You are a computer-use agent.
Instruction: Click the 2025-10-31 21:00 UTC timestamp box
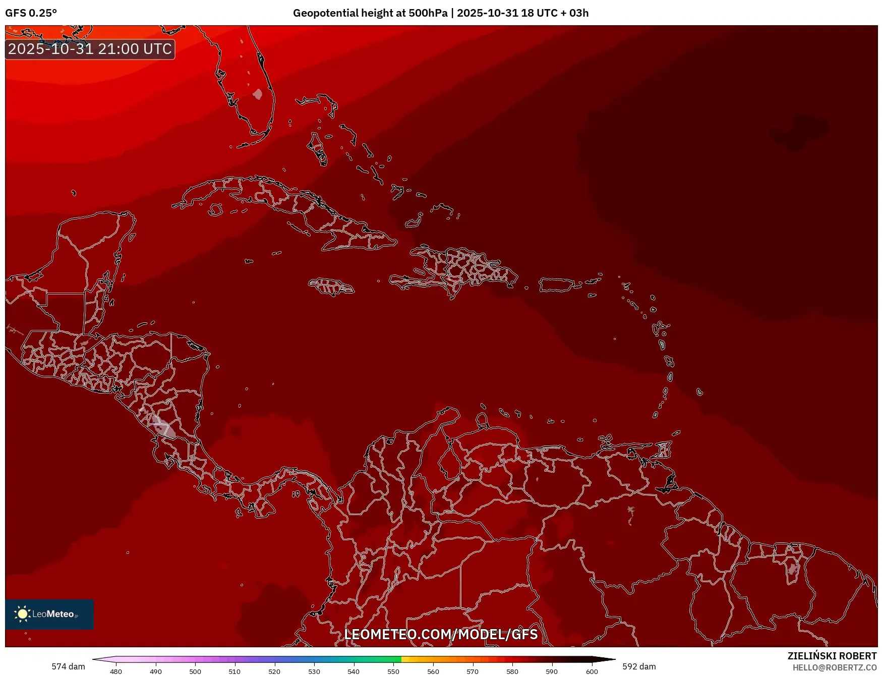(90, 49)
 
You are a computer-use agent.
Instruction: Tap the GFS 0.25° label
(31, 13)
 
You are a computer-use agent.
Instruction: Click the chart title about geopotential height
(440, 13)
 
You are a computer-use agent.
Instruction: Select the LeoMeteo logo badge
(49, 614)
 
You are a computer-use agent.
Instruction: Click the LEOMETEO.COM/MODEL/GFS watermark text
(441, 634)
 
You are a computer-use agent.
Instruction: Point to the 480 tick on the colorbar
(116, 671)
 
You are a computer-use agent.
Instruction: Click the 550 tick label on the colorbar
(393, 671)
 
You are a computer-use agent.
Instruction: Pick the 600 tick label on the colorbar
(592, 671)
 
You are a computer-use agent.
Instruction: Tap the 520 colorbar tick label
(274, 671)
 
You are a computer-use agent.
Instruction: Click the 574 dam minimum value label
(68, 666)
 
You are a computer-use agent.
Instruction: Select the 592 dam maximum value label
(639, 666)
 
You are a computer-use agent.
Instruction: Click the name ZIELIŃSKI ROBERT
(832, 656)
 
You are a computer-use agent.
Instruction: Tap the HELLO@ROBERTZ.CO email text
(834, 667)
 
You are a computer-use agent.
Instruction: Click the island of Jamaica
(331, 287)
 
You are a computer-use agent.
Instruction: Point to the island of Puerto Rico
(556, 285)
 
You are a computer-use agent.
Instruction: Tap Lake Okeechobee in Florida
(258, 94)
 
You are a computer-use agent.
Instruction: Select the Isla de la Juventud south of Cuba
(216, 209)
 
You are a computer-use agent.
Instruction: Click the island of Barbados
(699, 392)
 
